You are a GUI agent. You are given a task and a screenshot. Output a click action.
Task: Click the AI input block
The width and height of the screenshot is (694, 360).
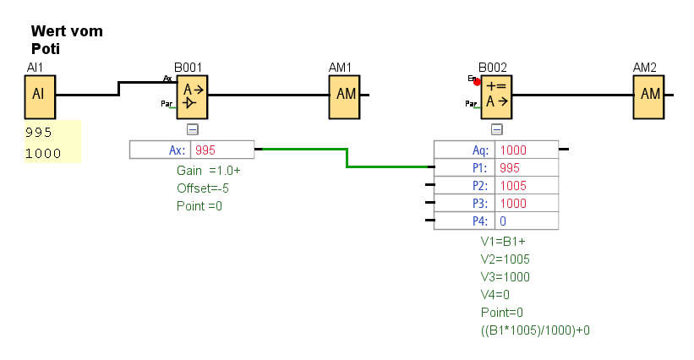(x=38, y=94)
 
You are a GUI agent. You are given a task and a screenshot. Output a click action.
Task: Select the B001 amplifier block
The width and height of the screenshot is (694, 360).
(x=192, y=94)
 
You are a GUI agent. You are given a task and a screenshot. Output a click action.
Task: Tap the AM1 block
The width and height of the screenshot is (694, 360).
(x=346, y=94)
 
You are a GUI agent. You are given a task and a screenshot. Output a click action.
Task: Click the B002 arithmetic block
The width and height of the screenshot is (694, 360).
(x=496, y=94)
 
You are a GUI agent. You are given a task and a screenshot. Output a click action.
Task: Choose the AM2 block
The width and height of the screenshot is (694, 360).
(x=649, y=94)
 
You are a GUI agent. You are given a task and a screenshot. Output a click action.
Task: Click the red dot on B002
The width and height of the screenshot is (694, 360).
(x=477, y=82)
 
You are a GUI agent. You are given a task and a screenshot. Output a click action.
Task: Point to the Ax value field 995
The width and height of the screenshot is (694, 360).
(x=221, y=150)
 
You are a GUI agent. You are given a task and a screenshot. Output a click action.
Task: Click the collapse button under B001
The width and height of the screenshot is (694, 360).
(x=192, y=129)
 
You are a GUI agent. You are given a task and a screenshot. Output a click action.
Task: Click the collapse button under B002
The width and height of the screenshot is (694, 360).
(x=496, y=129)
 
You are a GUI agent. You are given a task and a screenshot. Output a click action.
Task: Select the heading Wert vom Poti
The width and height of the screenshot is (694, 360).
(x=67, y=40)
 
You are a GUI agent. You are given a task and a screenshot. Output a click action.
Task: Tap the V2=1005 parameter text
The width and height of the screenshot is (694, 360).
(x=505, y=259)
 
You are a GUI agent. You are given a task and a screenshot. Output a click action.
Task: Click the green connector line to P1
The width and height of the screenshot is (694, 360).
(x=347, y=158)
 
